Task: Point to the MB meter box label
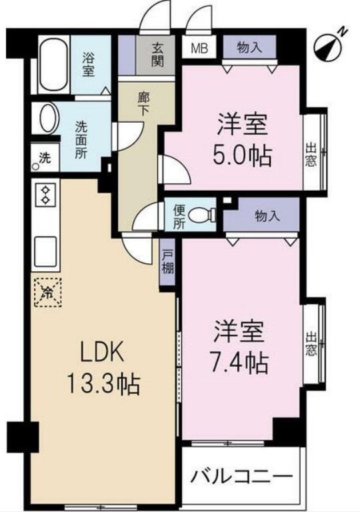[199, 48]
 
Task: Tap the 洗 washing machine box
[44, 159]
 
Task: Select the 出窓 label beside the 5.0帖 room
[310, 155]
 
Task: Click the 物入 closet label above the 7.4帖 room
[267, 215]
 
